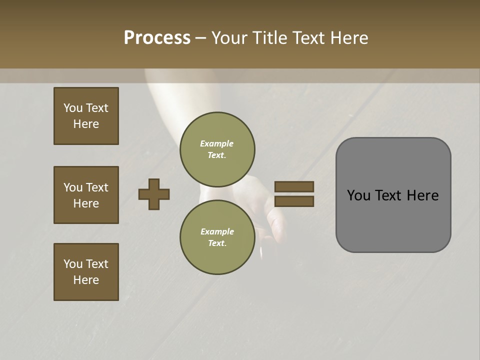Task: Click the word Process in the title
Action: tap(157, 38)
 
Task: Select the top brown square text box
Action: tap(86, 116)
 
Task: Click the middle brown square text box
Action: tap(86, 195)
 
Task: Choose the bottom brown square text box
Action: tap(86, 272)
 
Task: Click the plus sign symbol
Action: tap(154, 194)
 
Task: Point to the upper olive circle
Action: tap(217, 149)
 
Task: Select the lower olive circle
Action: tap(217, 237)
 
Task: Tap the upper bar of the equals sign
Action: tap(294, 186)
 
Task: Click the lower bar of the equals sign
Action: tap(294, 201)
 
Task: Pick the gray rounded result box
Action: tap(393, 195)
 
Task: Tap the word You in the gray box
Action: tap(358, 195)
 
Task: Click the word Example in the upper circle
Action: tap(217, 143)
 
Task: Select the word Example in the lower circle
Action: tap(217, 231)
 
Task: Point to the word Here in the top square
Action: tap(86, 124)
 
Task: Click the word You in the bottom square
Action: tap(73, 264)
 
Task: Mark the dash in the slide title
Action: tap(201, 38)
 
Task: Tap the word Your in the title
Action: tap(229, 38)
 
